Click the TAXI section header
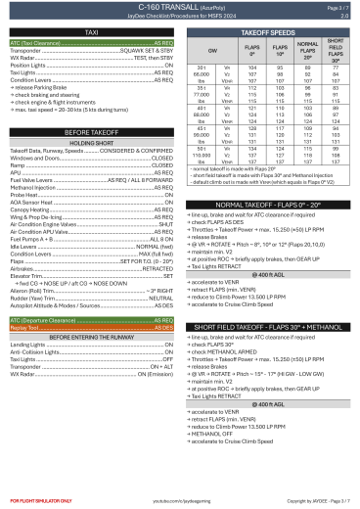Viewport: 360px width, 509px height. (91, 33)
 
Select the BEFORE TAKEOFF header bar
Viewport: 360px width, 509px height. (91, 131)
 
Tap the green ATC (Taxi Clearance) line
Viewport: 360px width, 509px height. (91, 45)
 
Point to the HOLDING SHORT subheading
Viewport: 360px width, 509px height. (91, 142)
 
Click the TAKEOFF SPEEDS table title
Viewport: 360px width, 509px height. (269, 33)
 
